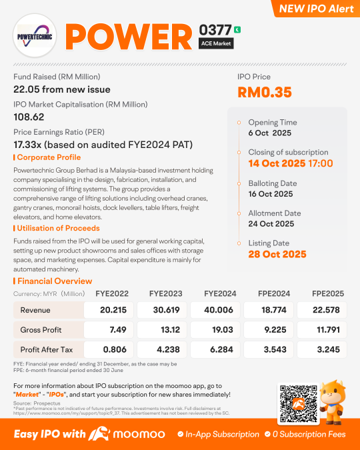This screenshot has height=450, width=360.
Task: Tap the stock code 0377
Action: tap(215, 30)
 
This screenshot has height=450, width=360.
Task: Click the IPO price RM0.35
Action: tap(265, 93)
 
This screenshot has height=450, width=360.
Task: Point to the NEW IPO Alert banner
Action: tap(317, 9)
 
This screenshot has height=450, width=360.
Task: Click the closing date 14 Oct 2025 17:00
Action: tap(291, 163)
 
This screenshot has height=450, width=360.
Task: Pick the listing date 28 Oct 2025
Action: tap(277, 254)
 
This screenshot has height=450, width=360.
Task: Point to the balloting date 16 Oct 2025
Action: tap(271, 194)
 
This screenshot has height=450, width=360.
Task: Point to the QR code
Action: tap(296, 402)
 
